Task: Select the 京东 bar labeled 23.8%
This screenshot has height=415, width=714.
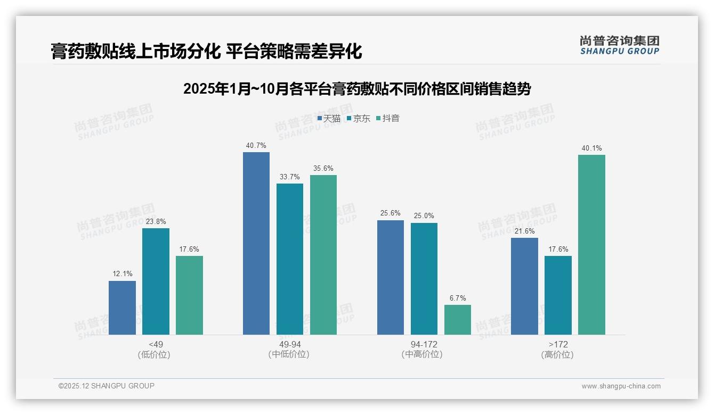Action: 156,281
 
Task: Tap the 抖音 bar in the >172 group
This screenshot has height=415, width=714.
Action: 591,245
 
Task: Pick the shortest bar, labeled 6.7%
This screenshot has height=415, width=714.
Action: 458,320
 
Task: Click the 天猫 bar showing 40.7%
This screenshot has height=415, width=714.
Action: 256,243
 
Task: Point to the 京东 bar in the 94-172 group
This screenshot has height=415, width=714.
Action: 424,279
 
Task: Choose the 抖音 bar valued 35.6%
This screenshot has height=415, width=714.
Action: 323,255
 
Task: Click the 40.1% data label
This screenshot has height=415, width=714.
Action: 591,148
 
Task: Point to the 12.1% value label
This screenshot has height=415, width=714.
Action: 122,274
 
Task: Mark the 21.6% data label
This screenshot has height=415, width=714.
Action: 524,231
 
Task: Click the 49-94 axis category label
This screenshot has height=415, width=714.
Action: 290,344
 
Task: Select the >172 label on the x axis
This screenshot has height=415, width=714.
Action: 557,344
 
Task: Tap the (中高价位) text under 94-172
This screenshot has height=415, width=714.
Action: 422,354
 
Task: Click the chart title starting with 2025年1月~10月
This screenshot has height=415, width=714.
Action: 357,89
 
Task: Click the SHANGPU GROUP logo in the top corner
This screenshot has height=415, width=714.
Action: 619,45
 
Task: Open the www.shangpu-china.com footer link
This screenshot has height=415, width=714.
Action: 621,386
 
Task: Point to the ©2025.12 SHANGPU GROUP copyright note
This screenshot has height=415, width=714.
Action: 107,386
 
